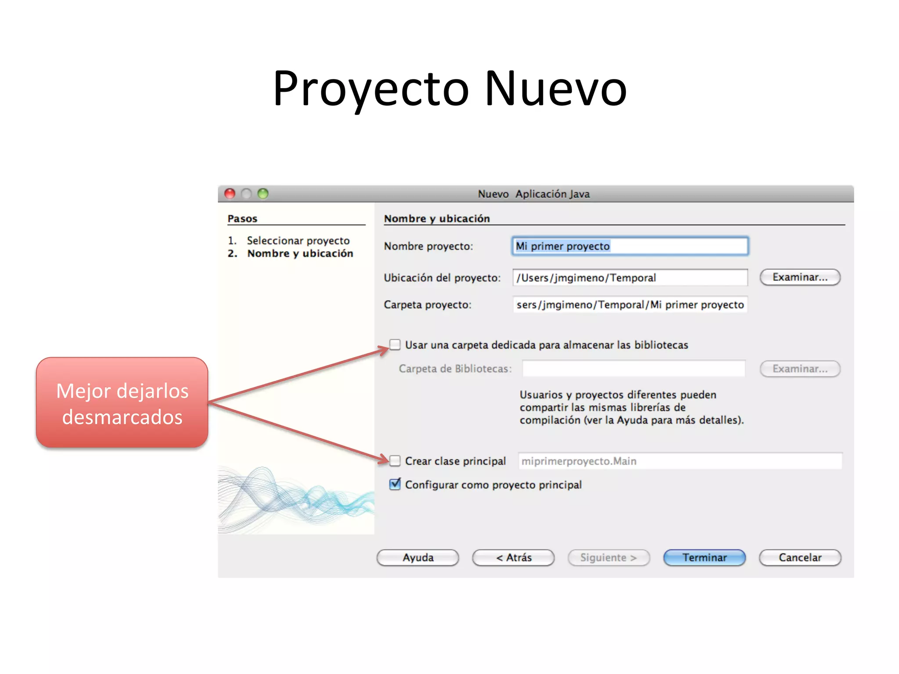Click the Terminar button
point(704,557)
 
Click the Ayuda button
point(417,557)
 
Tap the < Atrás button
point(513,557)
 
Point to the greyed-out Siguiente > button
point(608,557)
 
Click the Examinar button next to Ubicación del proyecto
point(800,277)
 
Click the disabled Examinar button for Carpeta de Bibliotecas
point(800,369)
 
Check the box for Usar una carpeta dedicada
point(395,345)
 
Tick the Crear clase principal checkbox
point(395,461)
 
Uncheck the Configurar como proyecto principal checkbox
point(395,484)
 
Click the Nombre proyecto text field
point(630,246)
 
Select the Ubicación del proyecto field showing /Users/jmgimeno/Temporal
point(630,278)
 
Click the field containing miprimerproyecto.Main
point(680,461)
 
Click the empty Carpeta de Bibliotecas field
point(633,369)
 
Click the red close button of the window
point(230,194)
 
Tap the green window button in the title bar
point(263,194)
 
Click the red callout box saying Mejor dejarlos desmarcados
point(122,403)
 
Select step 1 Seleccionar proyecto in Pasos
point(298,240)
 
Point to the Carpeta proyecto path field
point(630,305)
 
